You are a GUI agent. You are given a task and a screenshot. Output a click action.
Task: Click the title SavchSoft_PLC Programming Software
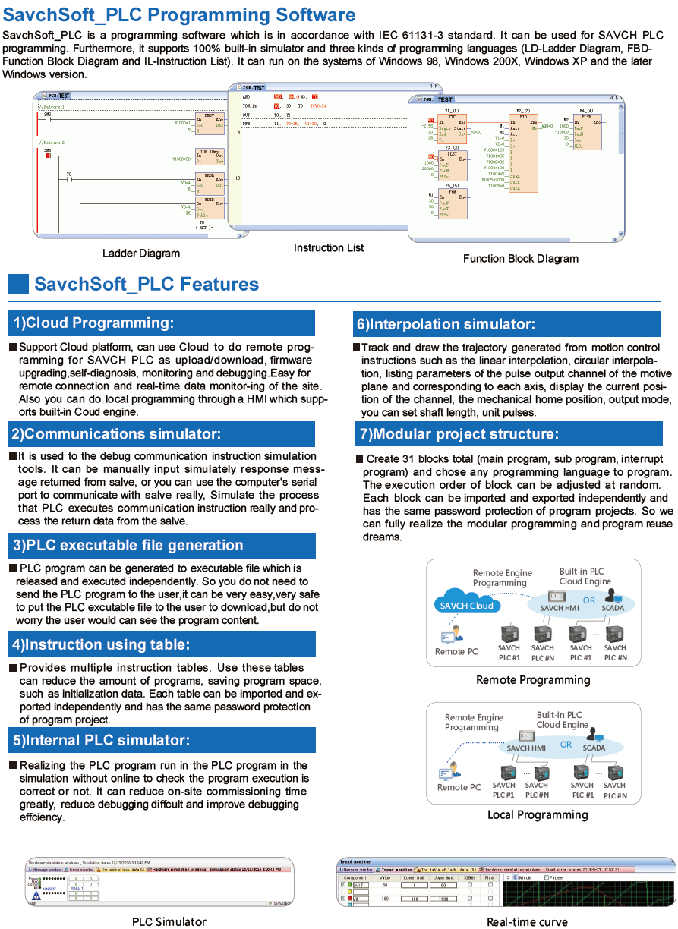click(179, 15)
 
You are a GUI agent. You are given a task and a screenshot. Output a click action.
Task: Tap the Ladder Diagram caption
click(141, 254)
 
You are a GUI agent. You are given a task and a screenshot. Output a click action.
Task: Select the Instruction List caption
click(329, 247)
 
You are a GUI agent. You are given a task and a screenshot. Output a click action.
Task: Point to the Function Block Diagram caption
click(521, 258)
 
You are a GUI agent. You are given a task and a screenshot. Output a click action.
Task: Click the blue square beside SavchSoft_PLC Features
click(17, 284)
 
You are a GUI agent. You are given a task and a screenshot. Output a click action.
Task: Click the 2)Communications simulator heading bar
click(162, 434)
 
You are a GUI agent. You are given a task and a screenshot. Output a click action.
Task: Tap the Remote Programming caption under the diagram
click(533, 680)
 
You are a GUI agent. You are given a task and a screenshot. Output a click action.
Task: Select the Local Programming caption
click(538, 814)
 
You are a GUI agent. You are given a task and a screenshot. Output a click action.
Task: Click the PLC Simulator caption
click(169, 921)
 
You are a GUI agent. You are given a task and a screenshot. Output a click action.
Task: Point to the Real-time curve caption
click(527, 921)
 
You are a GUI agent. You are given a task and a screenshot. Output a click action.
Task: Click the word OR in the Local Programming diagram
click(566, 745)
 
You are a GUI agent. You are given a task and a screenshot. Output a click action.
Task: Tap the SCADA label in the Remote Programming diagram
click(613, 608)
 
